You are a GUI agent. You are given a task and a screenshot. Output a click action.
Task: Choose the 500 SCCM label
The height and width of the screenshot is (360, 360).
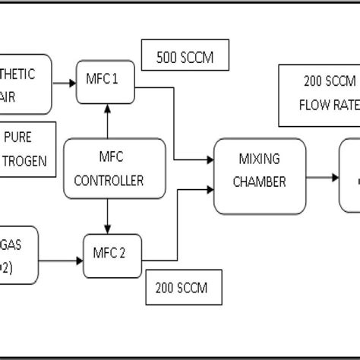(x=185, y=56)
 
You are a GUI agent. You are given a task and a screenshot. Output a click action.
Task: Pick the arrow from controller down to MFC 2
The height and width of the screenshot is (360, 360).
(x=107, y=216)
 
